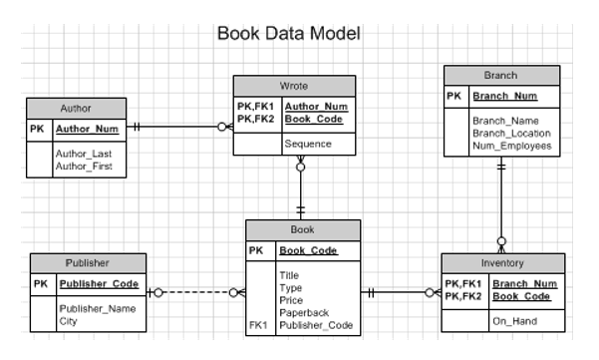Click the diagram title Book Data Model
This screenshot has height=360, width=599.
[x=288, y=33]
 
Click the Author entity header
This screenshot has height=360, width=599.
[x=76, y=108]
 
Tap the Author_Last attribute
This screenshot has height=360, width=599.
[x=83, y=156]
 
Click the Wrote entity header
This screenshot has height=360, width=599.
[x=294, y=85]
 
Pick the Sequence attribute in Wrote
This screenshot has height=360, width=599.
[x=308, y=144]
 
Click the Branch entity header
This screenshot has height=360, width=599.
[x=499, y=75]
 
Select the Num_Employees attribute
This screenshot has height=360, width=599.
[x=511, y=146]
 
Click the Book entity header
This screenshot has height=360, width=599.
[x=302, y=229]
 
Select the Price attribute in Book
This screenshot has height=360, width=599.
[x=291, y=299]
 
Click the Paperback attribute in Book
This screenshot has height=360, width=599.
[x=302, y=312]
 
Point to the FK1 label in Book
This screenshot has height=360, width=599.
[x=258, y=325]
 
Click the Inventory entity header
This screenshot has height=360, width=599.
[x=503, y=262]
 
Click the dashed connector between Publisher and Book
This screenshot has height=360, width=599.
[x=194, y=293]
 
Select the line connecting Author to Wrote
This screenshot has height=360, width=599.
[x=179, y=127]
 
